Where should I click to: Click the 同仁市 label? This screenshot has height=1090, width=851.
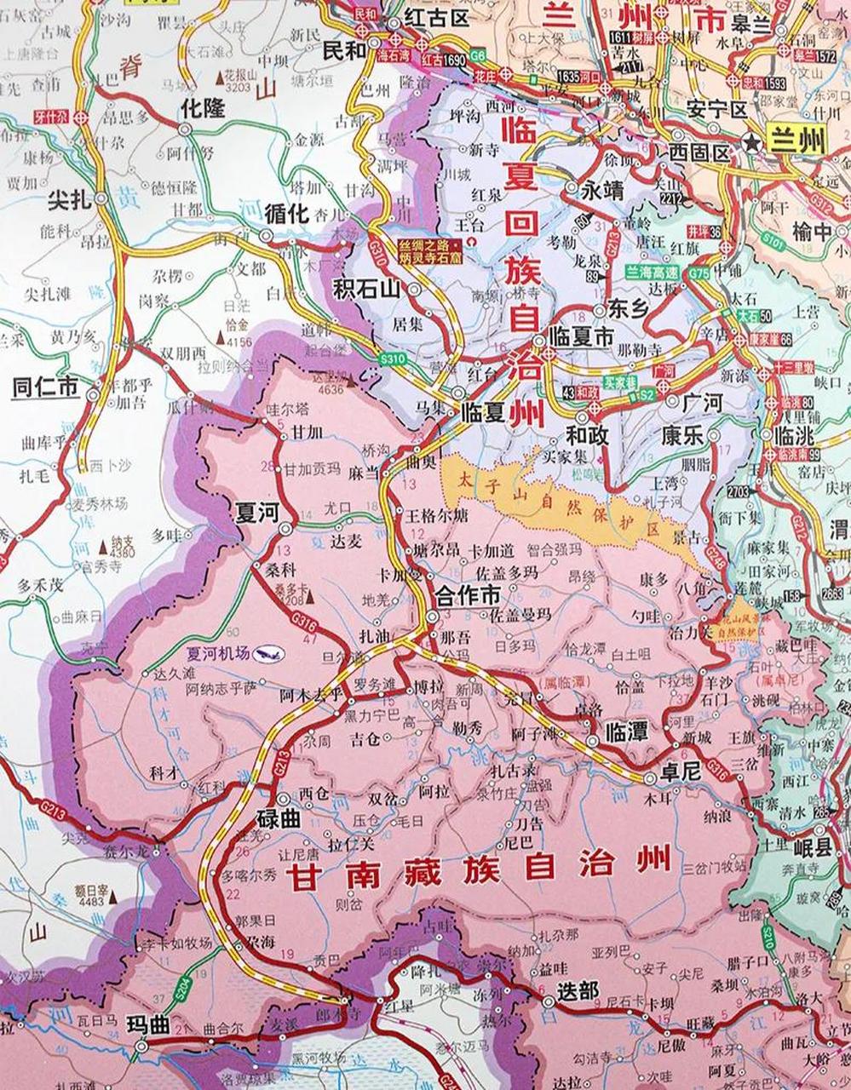point(45,387)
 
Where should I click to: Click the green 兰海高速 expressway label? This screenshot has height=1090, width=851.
point(653,272)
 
